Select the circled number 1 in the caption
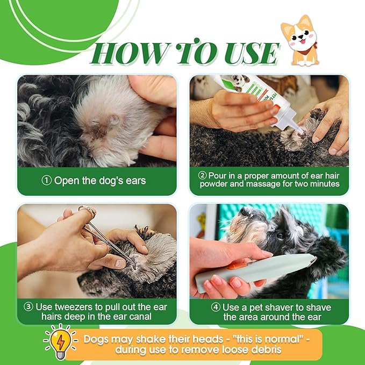coord(47,181)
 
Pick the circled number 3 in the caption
coord(29,307)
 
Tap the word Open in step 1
coord(65,181)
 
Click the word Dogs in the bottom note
coord(96,339)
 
